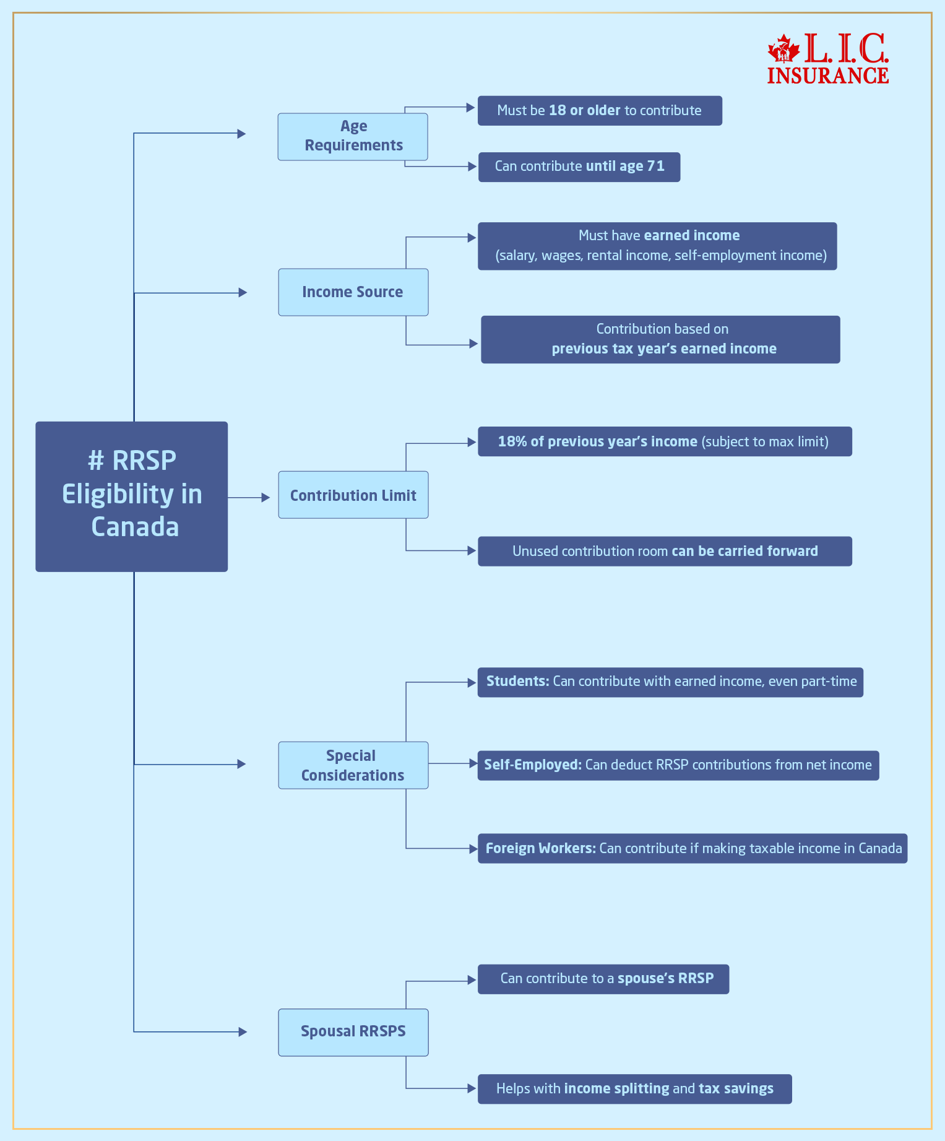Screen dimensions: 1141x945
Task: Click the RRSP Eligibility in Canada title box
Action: pos(131,496)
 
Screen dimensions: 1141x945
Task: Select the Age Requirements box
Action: pos(353,136)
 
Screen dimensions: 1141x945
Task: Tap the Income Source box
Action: pos(353,292)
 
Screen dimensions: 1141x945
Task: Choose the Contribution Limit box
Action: pos(353,495)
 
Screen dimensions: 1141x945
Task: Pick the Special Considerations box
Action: pos(353,765)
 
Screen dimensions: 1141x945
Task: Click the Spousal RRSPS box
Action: pos(353,1031)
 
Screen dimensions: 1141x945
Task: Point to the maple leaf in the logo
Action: pos(783,49)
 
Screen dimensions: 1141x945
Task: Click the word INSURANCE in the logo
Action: pos(828,76)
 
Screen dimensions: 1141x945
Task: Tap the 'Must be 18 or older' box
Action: pos(599,111)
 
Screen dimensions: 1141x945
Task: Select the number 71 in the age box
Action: pos(655,167)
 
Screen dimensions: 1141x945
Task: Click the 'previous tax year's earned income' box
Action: pos(660,339)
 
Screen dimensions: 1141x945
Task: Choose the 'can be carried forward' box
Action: pos(665,551)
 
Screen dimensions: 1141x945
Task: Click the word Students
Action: pos(517,682)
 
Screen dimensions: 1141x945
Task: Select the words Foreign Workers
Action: pos(540,848)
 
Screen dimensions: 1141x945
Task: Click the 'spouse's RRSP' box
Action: pos(603,979)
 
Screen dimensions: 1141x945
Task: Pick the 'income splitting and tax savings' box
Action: pos(634,1088)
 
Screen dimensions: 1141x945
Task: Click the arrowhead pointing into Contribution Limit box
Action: pos(266,497)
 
